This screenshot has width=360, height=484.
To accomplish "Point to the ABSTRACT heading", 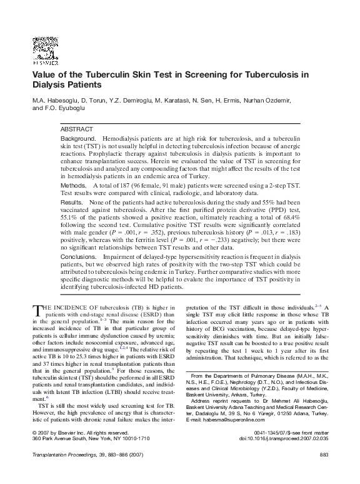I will click(76, 128).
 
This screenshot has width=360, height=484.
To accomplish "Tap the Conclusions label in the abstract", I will click(78, 256).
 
